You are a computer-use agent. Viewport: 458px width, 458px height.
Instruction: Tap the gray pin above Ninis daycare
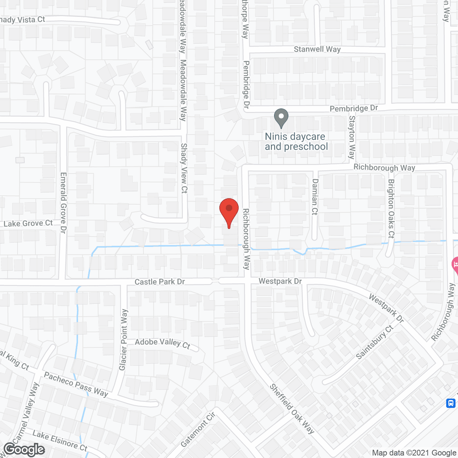coord(281,117)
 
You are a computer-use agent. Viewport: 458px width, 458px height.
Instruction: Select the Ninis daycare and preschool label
coord(296,142)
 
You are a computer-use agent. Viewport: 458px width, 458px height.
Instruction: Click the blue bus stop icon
coord(450,403)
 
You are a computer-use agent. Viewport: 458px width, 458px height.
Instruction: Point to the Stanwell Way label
coord(317,49)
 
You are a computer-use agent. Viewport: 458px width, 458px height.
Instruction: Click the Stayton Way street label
coord(352,137)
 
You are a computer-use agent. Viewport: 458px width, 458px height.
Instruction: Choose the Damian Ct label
coord(315,197)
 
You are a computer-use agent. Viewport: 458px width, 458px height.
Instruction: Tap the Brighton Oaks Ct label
coord(391,209)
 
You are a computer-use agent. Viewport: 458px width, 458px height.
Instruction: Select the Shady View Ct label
coord(184,168)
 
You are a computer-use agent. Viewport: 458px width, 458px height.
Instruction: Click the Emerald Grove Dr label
coord(63,203)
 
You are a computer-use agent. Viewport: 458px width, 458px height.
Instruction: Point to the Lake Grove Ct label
coord(28,224)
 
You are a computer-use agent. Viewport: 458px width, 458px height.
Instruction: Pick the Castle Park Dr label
coord(160,282)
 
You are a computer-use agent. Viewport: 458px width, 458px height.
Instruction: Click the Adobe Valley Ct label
coord(162,343)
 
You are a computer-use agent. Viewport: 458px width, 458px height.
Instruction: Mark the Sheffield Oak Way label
coord(292,409)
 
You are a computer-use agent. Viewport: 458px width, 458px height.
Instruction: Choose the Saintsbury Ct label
coord(375,342)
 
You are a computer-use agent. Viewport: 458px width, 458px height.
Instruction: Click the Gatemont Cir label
coord(198,429)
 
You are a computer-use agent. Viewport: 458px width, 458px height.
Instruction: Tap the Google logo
coord(24,449)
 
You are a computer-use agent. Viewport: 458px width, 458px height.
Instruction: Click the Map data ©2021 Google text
coord(414,453)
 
